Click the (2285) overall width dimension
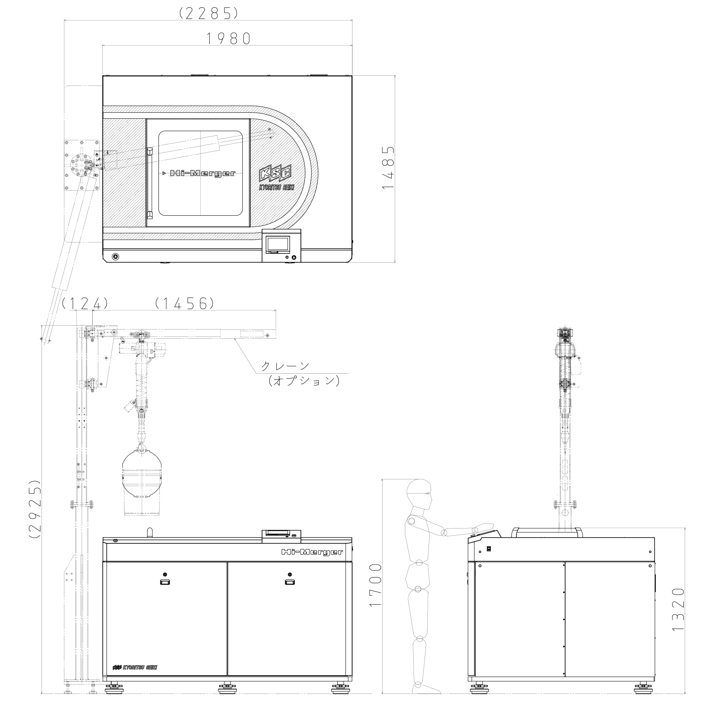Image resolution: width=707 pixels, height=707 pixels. tap(209, 13)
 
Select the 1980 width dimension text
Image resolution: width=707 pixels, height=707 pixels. tap(229, 39)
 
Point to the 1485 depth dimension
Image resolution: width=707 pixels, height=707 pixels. tap(388, 168)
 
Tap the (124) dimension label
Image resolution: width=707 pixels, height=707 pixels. tap(85, 303)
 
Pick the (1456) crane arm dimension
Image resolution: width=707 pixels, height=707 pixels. tap(185, 303)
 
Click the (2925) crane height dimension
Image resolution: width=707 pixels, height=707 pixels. tap(35, 509)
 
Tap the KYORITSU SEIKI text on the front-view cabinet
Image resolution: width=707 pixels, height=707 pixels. tap(135, 667)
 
